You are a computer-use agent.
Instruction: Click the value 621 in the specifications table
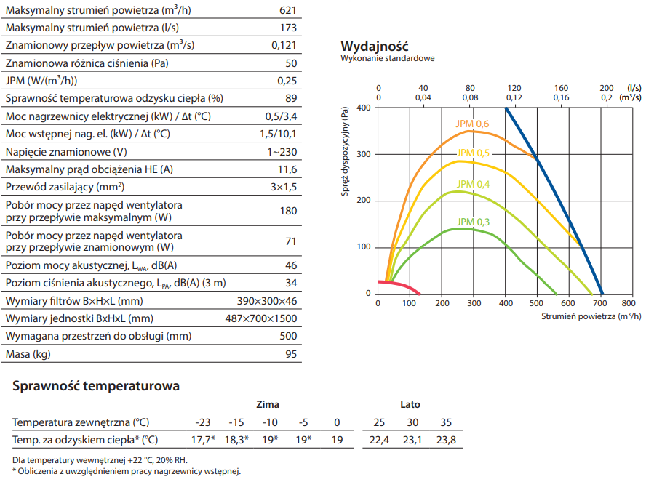pyautogui.click(x=289, y=10)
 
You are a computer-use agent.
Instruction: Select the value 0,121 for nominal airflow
pyautogui.click(x=284, y=45)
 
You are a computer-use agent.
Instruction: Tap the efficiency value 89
pyautogui.click(x=292, y=98)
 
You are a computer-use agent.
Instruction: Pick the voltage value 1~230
pyautogui.click(x=282, y=151)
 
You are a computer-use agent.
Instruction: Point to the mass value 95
pyautogui.click(x=291, y=354)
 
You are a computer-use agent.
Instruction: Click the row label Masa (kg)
pyautogui.click(x=29, y=354)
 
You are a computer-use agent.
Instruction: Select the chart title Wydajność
pyautogui.click(x=375, y=47)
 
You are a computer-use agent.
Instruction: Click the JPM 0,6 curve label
pyautogui.click(x=472, y=124)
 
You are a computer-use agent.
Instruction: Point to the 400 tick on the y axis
pyautogui.click(x=364, y=108)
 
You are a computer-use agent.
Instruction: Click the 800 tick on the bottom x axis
pyautogui.click(x=629, y=303)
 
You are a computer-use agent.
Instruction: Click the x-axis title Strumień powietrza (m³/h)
pyautogui.click(x=591, y=316)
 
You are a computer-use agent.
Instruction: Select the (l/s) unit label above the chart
pyautogui.click(x=633, y=87)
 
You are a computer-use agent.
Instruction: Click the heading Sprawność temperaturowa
pyautogui.click(x=96, y=386)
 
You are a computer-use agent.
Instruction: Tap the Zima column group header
pyautogui.click(x=267, y=404)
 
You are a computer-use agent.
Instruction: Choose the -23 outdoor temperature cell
pyautogui.click(x=203, y=422)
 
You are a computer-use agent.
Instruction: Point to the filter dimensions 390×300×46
pyautogui.click(x=268, y=301)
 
